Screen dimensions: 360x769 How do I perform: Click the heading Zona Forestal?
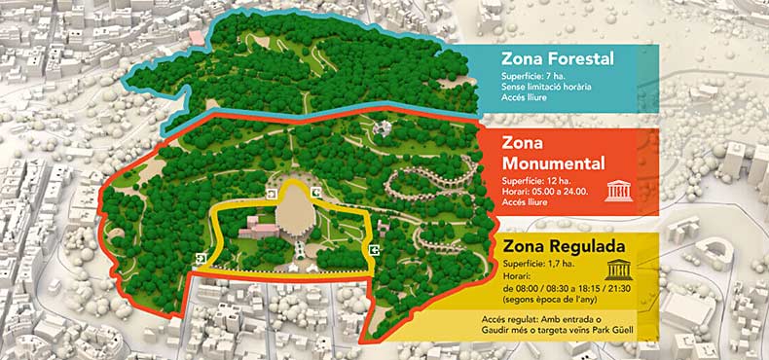(x=557, y=59)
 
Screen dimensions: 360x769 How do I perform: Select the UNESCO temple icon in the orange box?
(x=619, y=190)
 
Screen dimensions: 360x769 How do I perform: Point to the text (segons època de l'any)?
(x=551, y=299)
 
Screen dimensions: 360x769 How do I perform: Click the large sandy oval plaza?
(x=296, y=209)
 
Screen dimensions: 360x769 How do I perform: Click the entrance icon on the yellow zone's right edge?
(x=374, y=249)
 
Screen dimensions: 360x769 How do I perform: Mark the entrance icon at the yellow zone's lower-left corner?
(x=200, y=258)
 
